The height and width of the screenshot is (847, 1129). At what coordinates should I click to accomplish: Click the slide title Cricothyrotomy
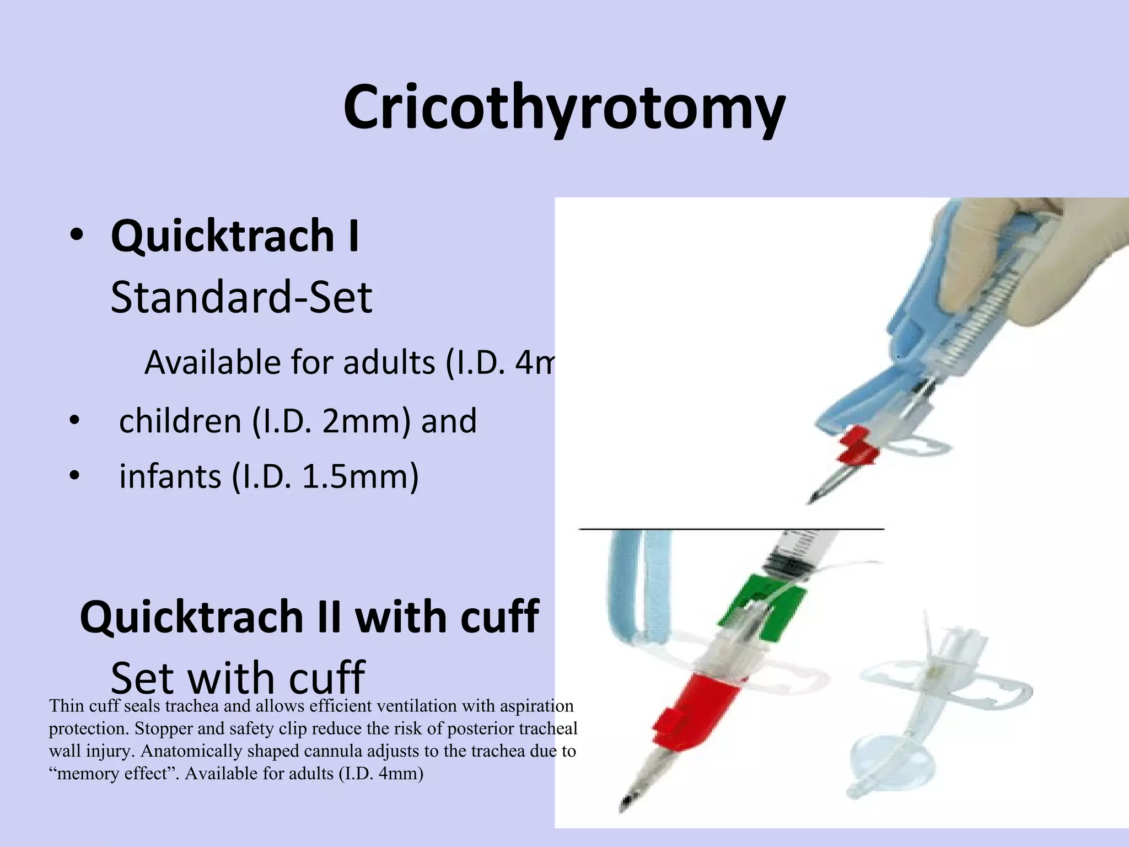pos(564,108)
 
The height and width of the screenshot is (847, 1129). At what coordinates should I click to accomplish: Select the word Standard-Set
pos(241,298)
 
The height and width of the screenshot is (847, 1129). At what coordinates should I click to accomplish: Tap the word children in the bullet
pos(180,421)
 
